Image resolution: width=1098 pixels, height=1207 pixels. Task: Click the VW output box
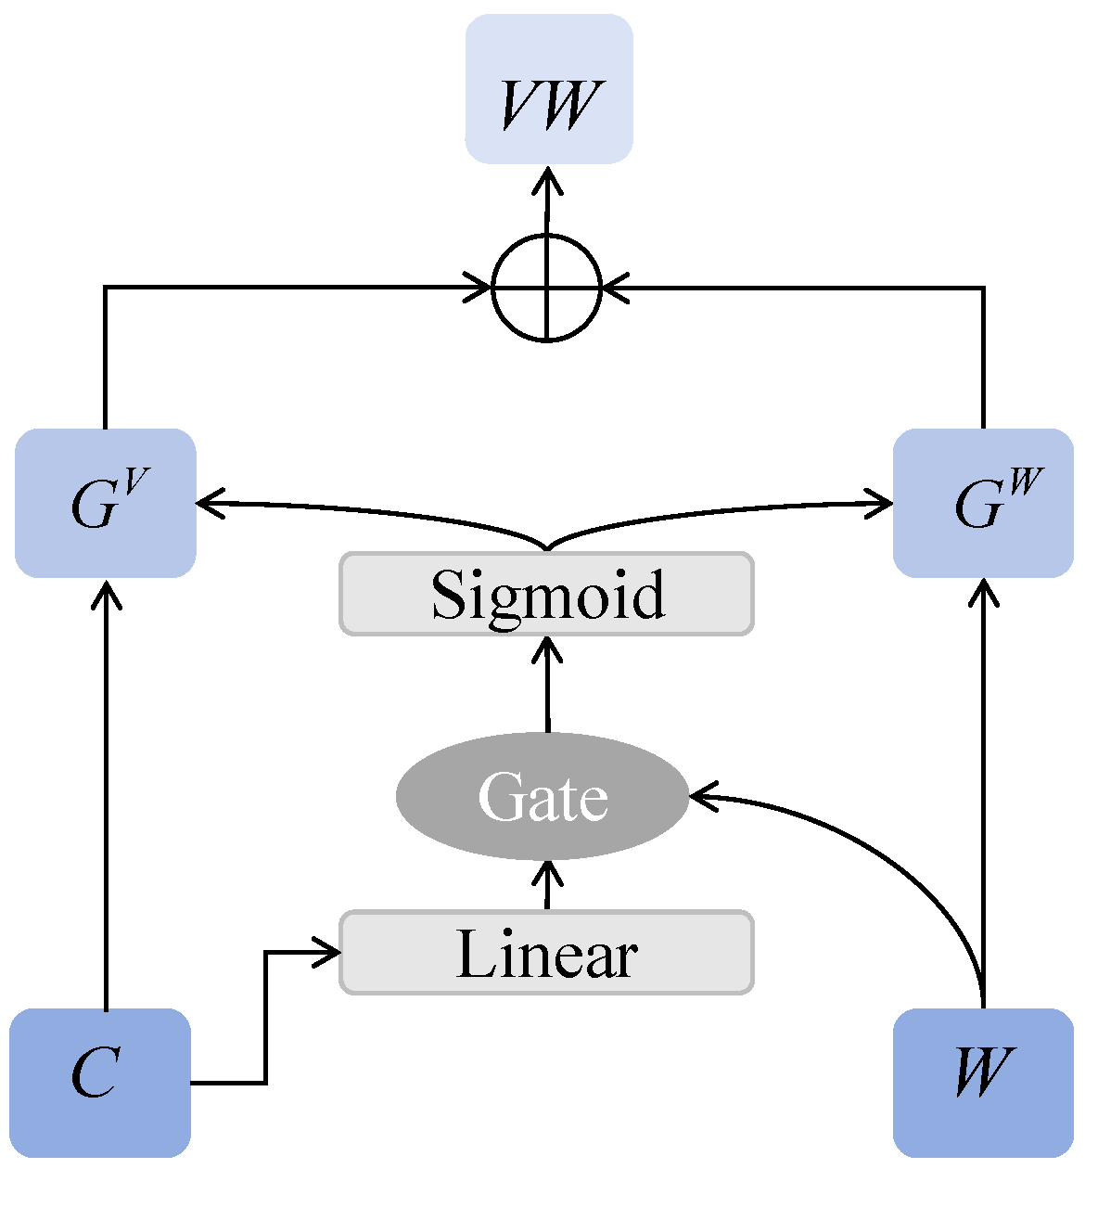549,89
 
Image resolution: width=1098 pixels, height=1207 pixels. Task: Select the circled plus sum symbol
547,288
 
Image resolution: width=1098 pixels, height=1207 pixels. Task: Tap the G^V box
106,503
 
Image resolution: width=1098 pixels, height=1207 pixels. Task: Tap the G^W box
983,503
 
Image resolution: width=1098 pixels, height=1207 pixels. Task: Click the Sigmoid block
547,594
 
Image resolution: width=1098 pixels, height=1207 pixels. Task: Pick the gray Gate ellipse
543,796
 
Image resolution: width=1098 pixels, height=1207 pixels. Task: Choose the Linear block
547,953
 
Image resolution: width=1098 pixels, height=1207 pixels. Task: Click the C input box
100,1083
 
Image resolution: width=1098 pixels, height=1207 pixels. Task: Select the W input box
983,1083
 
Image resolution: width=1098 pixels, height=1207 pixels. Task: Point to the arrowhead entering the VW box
548,178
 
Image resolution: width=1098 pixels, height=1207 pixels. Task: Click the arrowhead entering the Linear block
330,952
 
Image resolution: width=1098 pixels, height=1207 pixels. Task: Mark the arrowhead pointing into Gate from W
701,796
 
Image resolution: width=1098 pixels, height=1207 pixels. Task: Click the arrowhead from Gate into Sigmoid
548,646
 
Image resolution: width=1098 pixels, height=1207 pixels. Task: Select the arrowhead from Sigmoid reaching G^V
208,503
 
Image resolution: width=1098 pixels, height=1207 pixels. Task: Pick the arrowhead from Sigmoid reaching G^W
881,504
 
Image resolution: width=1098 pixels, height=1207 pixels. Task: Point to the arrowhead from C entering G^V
108,591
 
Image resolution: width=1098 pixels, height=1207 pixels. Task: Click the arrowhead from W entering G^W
983,591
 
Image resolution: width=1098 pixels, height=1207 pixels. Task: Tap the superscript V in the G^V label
135,481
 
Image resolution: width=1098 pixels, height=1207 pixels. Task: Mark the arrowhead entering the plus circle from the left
480,288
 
